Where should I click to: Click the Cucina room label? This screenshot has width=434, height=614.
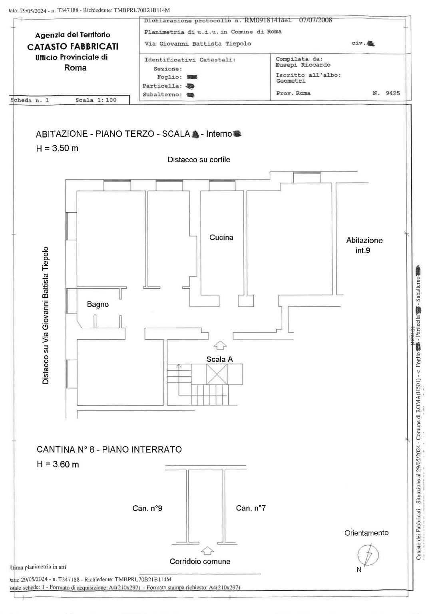221,237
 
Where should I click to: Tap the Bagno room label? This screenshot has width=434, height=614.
98,305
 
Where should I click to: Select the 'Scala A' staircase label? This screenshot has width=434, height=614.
219,359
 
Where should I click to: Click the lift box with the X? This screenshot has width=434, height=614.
217,375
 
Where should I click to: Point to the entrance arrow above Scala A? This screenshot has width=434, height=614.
220,345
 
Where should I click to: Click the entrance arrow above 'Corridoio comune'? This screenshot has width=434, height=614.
207,551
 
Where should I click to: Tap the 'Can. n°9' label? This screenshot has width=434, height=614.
147,508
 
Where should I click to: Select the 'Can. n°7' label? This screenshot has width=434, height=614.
251,508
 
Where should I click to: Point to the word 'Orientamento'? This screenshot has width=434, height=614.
366,533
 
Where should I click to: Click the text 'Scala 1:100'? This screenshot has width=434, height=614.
96,100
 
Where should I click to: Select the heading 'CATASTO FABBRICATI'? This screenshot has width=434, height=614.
73,46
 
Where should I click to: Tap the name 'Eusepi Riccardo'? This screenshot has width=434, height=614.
303,65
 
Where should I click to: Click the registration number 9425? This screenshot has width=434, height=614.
392,93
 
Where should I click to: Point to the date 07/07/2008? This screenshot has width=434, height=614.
315,20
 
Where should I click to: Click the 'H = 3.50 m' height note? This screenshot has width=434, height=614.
57,148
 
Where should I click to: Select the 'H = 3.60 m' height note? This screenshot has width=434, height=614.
58,464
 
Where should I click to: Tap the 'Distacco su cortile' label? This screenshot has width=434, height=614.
199,159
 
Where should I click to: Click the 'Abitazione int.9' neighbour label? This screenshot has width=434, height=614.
364,245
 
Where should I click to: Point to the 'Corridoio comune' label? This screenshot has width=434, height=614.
200,561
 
